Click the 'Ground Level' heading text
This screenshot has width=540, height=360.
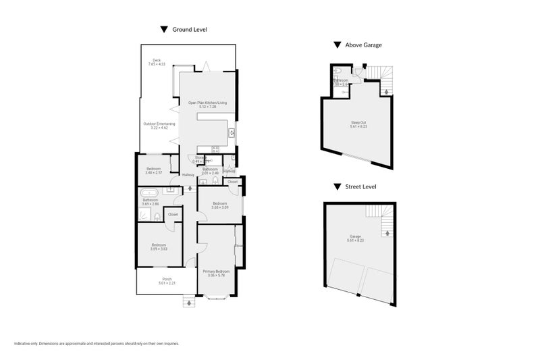point(190,30)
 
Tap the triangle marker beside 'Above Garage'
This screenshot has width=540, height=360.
point(336,45)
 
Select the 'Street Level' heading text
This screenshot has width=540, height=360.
point(360,186)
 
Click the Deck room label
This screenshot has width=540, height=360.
point(156,62)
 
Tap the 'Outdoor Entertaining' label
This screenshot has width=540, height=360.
point(159,126)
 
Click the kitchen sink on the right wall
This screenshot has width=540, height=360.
point(232,132)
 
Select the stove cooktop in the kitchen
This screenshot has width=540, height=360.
point(216,149)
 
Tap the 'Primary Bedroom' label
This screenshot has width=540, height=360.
point(216,273)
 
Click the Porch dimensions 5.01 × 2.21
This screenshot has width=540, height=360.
point(167,283)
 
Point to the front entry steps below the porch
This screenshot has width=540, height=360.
point(188,303)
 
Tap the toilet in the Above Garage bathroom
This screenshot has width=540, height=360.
point(338,71)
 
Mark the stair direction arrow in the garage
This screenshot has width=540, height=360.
point(387,234)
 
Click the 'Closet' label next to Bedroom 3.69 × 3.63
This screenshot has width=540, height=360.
point(173,215)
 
